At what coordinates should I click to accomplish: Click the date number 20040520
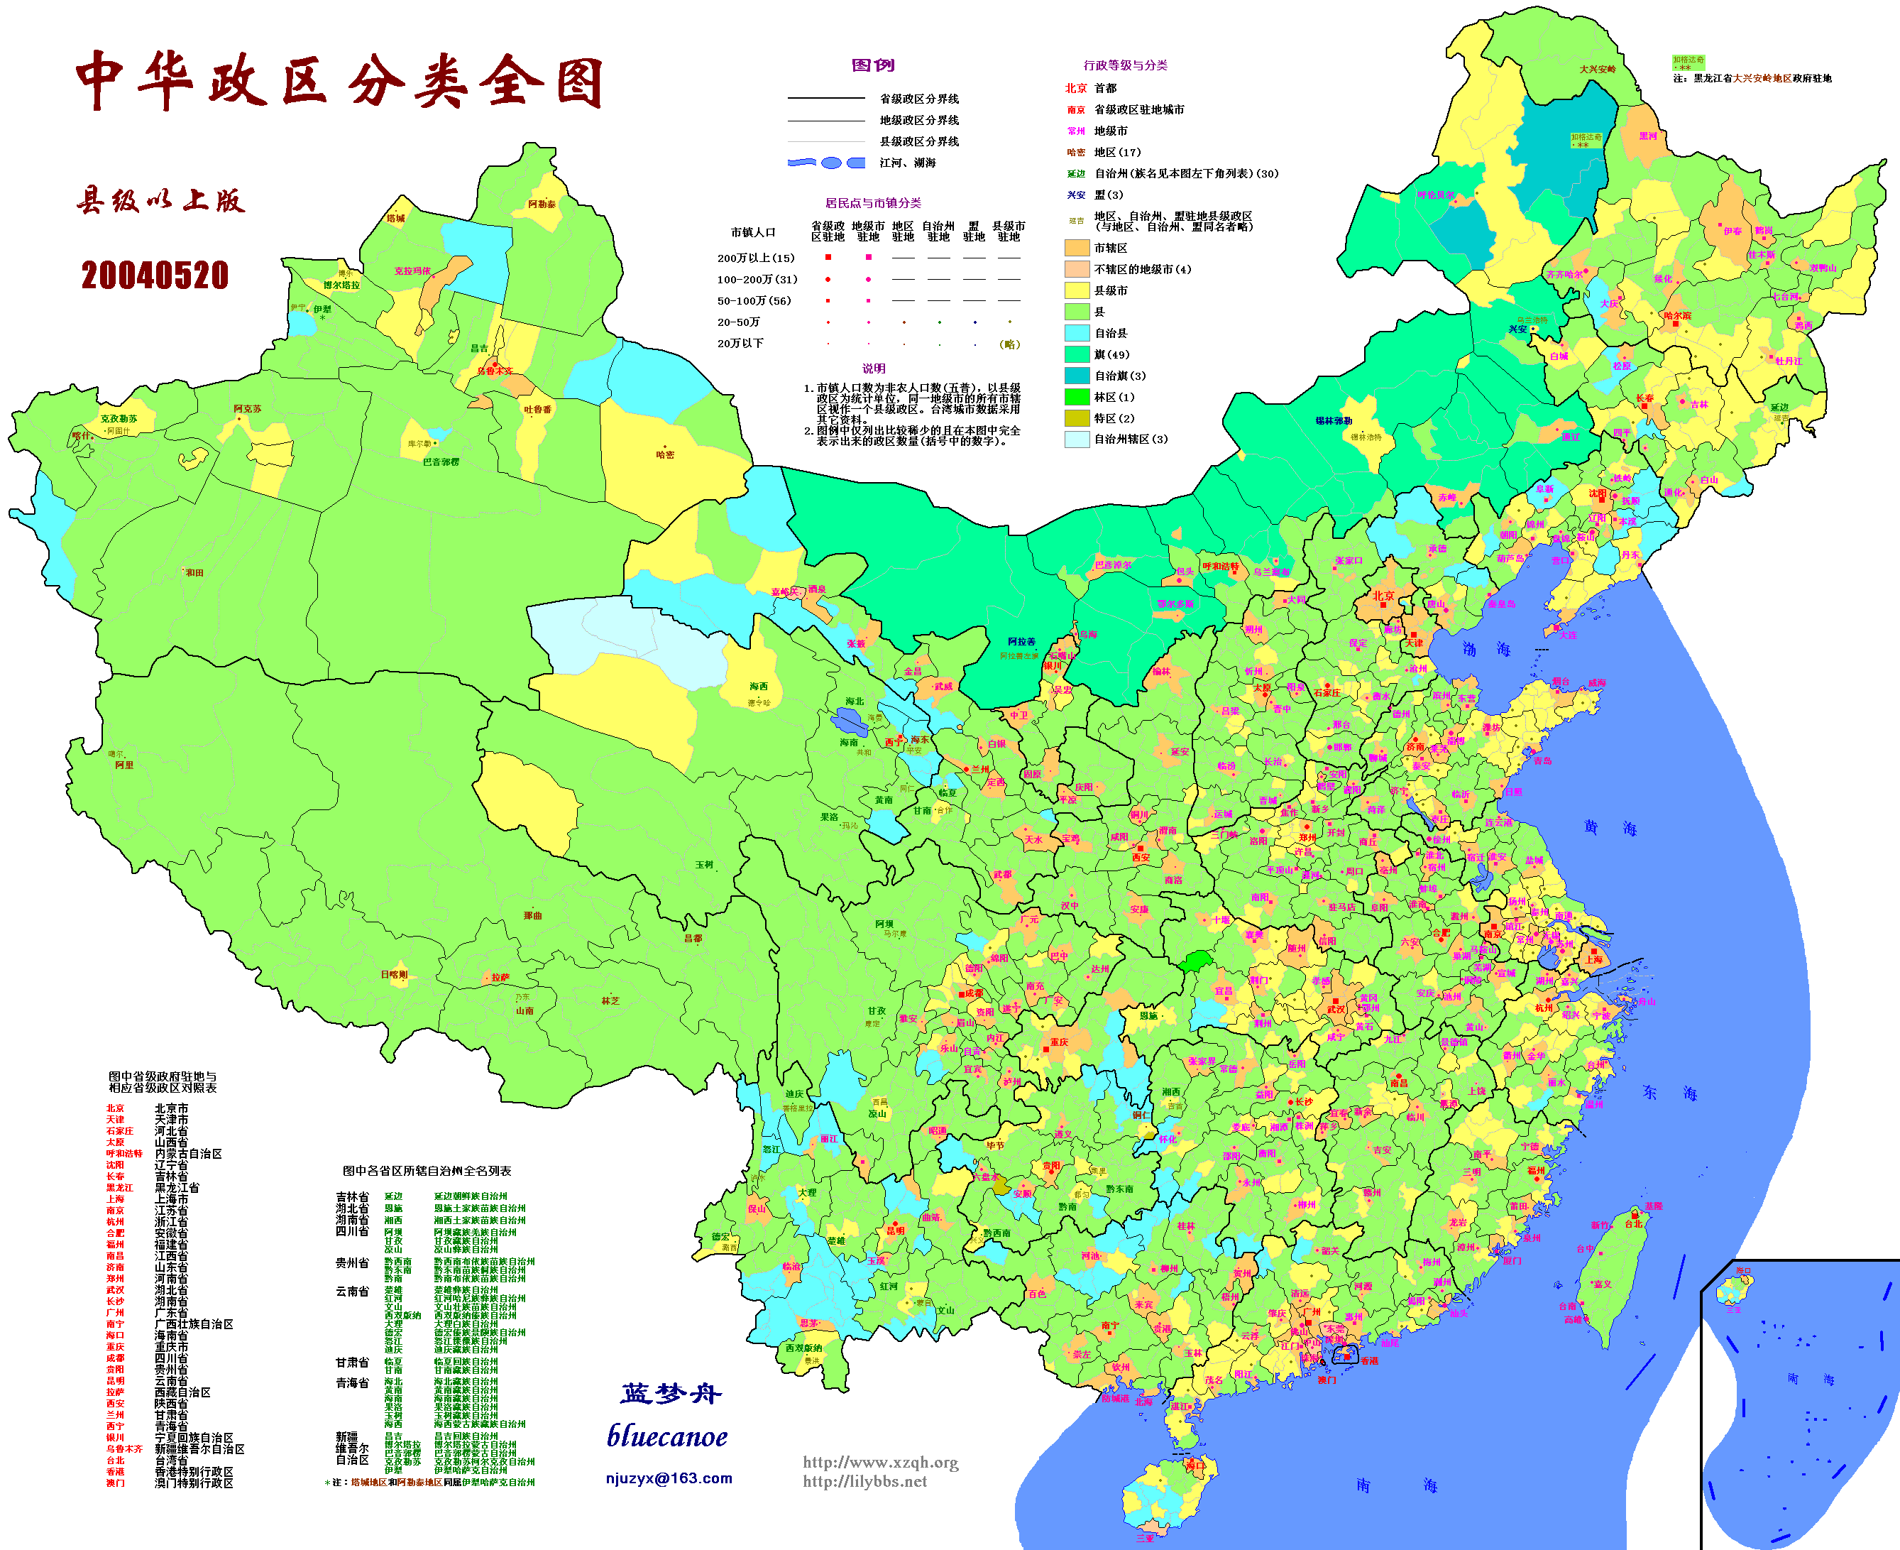click(x=155, y=275)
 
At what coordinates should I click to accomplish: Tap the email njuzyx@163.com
click(x=669, y=1478)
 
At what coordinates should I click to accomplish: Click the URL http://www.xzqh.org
click(x=880, y=1462)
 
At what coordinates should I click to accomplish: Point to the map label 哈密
click(x=665, y=454)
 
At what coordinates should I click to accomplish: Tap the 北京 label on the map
click(x=1383, y=596)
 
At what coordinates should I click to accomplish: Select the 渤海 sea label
click(x=1486, y=649)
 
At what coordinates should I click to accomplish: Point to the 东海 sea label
click(x=1669, y=1093)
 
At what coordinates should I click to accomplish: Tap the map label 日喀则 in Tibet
click(x=394, y=974)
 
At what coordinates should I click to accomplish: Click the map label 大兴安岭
click(x=1598, y=69)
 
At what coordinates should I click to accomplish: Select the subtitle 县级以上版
click(x=160, y=201)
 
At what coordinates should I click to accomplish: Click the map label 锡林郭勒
click(x=1334, y=420)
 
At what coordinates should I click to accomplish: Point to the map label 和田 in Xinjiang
click(x=194, y=572)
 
